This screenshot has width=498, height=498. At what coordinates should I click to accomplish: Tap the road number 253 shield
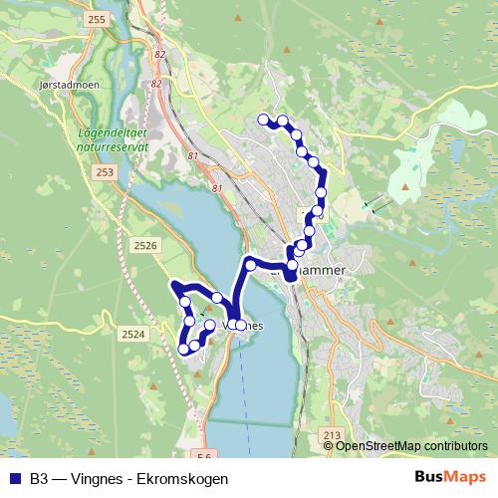tap(107, 172)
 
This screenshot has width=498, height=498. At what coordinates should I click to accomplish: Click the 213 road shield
tap(333, 435)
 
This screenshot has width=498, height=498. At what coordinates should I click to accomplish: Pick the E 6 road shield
tap(206, 457)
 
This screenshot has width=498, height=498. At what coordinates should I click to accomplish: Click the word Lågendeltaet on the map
tap(112, 130)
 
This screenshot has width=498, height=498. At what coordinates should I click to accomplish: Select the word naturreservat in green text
tap(111, 144)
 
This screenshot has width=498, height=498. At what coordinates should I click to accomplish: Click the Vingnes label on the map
tap(249, 326)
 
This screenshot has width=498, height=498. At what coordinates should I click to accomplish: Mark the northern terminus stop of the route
tap(264, 120)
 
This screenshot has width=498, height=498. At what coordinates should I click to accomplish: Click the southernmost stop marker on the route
tap(184, 350)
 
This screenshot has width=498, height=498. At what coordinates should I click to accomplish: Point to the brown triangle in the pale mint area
tap(408, 184)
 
